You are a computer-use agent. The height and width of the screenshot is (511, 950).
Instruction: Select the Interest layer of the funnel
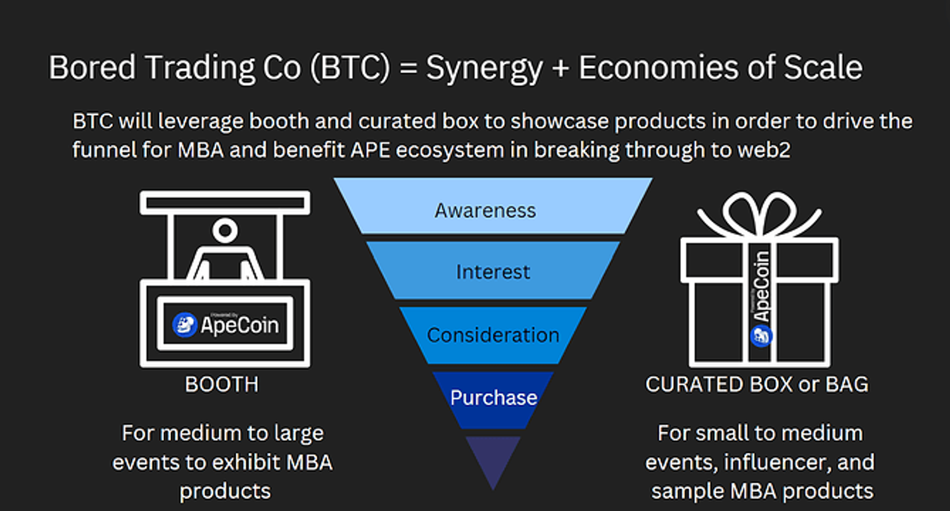click(493, 270)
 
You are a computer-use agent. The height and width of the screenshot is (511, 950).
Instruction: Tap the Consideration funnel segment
click(493, 335)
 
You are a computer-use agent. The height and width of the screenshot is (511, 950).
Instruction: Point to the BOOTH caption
click(222, 385)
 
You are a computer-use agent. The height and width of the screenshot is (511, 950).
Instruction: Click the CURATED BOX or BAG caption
click(757, 384)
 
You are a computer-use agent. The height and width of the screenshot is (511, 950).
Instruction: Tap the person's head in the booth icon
click(225, 230)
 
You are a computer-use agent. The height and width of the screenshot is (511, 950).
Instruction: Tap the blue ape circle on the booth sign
click(184, 325)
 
